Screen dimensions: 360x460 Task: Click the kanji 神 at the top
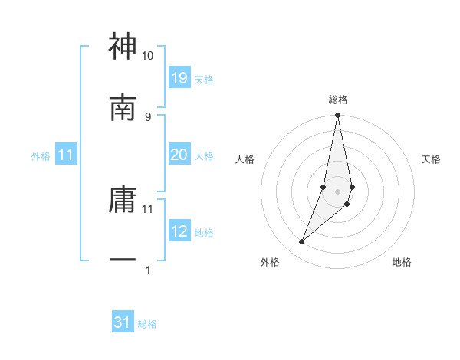(x=123, y=47)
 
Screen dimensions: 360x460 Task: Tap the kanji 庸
(x=123, y=200)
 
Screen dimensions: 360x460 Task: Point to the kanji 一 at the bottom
(x=123, y=260)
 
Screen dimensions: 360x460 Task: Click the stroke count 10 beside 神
(x=148, y=57)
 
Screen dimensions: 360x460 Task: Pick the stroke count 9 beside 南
(x=148, y=116)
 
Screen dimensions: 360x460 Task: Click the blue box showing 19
(x=179, y=77)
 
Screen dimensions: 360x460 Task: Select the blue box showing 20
(x=179, y=155)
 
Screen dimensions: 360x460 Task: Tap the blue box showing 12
(x=179, y=231)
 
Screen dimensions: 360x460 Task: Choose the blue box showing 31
(x=123, y=322)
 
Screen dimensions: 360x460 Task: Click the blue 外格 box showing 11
(x=66, y=155)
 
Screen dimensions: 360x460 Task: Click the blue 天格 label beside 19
(x=204, y=79)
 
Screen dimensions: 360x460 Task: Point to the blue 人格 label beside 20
(x=204, y=156)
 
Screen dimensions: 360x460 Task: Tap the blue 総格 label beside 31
(x=147, y=324)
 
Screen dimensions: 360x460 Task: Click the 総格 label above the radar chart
(x=338, y=100)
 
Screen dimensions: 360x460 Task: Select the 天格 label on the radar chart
(x=431, y=159)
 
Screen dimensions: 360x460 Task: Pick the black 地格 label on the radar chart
(x=402, y=262)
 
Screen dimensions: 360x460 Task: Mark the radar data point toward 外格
(x=302, y=242)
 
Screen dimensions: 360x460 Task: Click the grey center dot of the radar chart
(x=338, y=191)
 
